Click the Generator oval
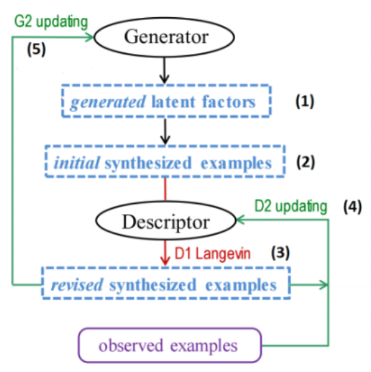(166, 38)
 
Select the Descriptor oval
(166, 223)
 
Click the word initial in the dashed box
(76, 162)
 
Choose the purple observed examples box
(170, 345)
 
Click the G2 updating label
(51, 22)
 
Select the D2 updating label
(291, 206)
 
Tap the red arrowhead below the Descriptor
(166, 260)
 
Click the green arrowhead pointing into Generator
(93, 37)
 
